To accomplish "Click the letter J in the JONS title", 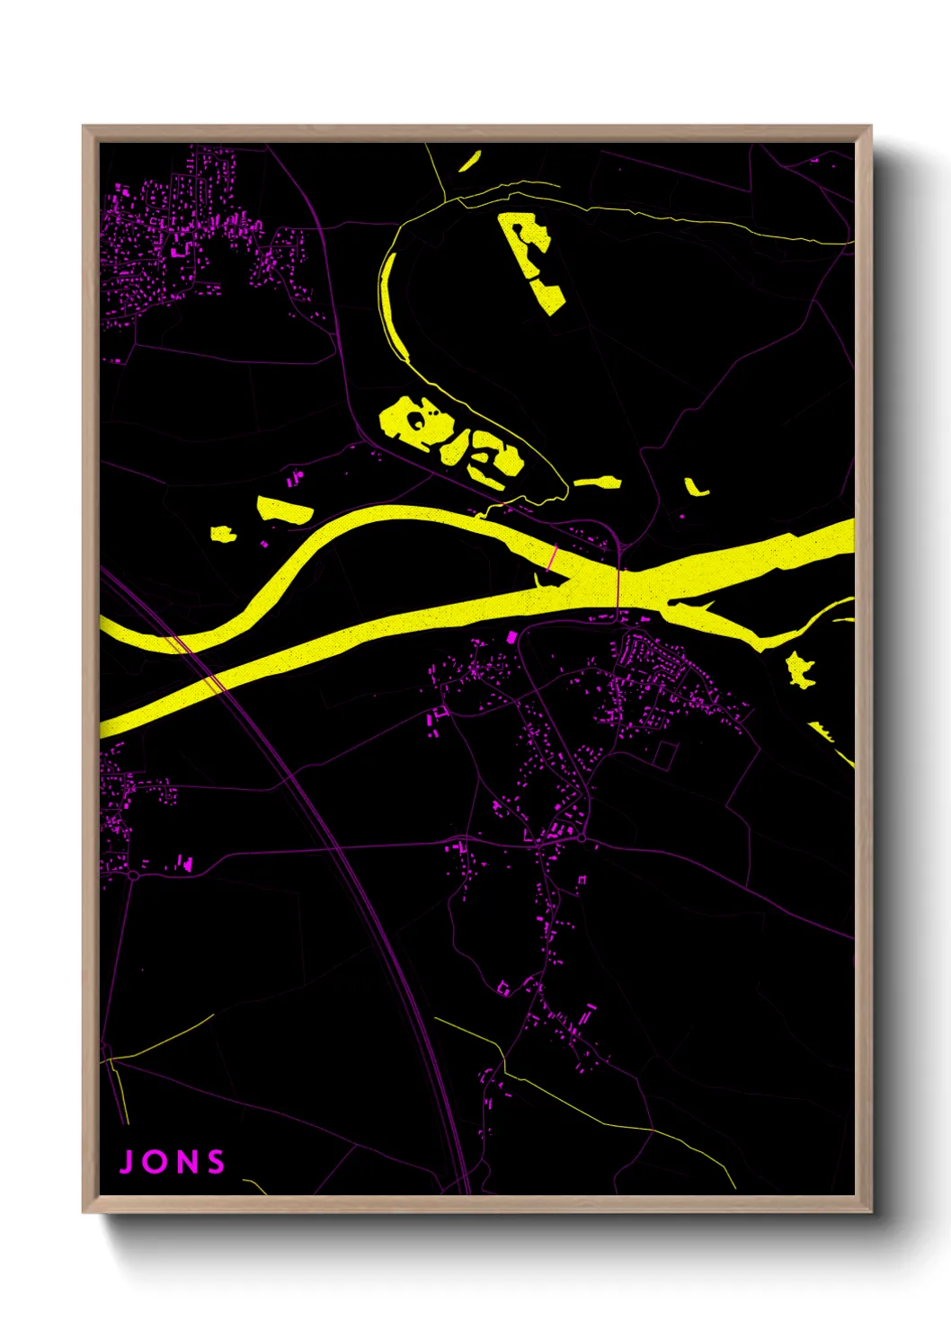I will pos(128,1161).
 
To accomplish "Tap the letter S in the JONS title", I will pos(216,1161).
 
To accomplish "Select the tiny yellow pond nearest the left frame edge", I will pos(223,535).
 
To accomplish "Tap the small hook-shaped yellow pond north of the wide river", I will pos(695,488).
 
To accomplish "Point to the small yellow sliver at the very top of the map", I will pos(469,163).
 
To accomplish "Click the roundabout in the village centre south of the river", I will pos(583,839).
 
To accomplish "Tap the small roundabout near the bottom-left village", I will pos(133,874).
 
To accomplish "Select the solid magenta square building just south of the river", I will pos(512,637).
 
